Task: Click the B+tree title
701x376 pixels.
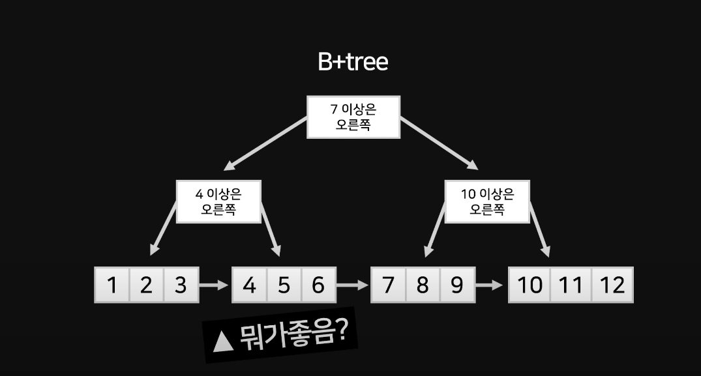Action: pos(353,62)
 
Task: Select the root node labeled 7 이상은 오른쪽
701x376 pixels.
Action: pos(353,117)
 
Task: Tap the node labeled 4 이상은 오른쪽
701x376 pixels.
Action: pos(218,201)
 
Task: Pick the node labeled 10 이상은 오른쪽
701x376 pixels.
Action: pos(487,201)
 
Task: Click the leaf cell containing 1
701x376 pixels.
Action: pos(112,285)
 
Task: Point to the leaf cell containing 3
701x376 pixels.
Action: pos(181,285)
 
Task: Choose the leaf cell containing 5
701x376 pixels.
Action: pos(284,285)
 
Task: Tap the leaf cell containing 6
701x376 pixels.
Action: pos(318,285)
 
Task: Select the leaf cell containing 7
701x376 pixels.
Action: pos(388,285)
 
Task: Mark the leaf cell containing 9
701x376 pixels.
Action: pos(457,285)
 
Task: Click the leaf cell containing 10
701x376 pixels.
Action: pos(529,285)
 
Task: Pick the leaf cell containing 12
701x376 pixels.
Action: pos(612,285)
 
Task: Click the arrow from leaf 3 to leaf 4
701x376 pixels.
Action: pos(215,285)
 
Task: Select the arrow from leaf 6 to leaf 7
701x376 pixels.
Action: pos(353,285)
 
